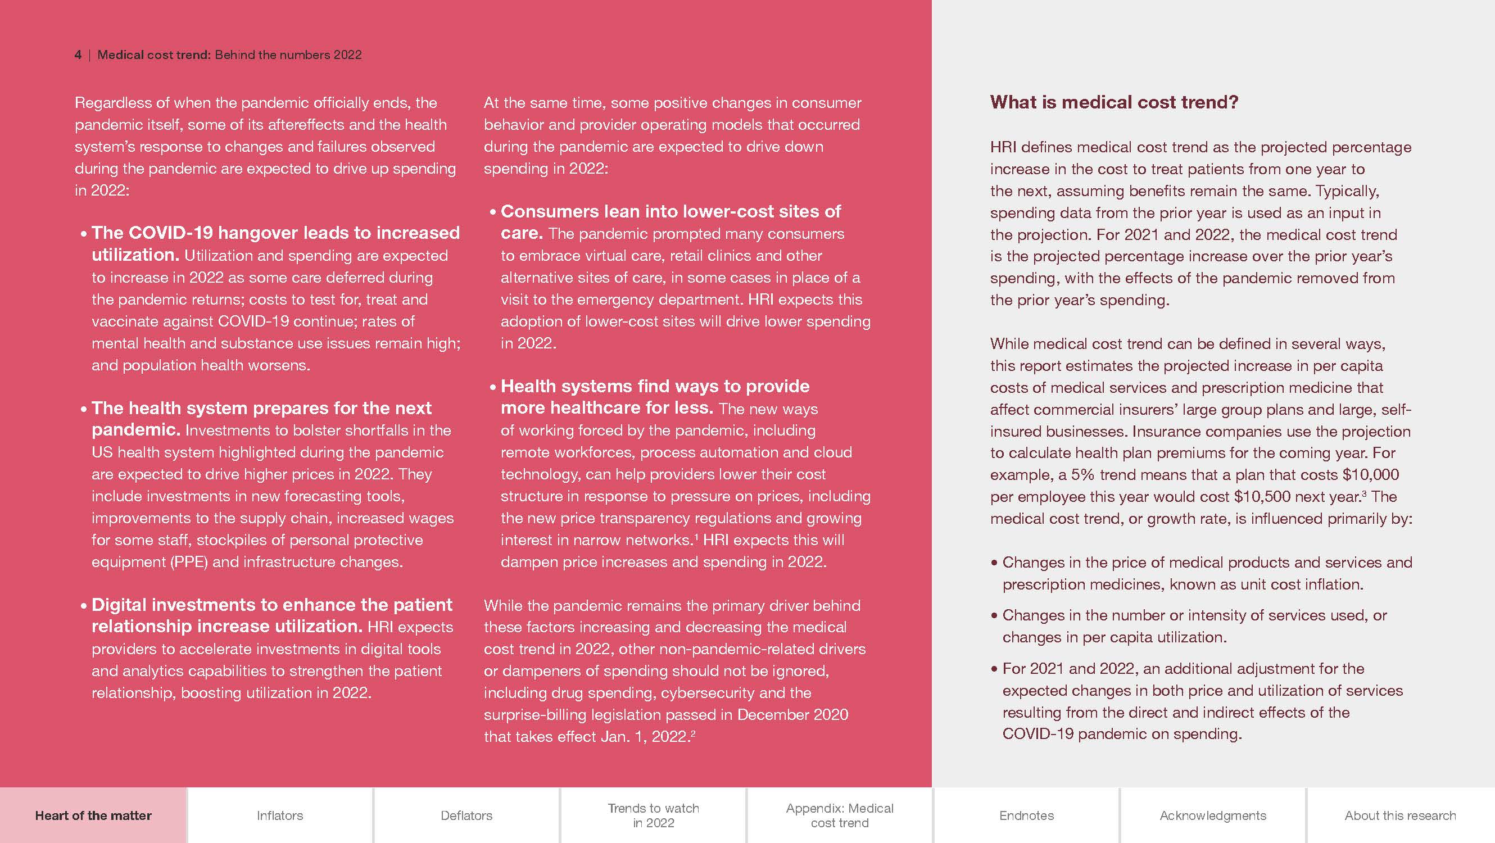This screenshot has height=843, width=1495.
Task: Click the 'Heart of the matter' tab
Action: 93,815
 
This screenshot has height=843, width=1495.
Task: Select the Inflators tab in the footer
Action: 280,815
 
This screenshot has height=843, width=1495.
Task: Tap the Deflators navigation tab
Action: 466,815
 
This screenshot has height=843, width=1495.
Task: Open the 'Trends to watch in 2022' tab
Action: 653,815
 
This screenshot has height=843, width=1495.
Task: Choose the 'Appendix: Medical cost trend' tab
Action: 839,815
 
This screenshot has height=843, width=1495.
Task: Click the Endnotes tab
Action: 1026,815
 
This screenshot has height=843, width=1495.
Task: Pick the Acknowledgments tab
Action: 1212,815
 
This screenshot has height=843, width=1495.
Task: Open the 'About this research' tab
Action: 1400,815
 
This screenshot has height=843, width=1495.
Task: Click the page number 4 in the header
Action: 78,55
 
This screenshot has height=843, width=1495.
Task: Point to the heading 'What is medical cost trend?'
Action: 1114,102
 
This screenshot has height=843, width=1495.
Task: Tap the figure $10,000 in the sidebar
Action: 1370,474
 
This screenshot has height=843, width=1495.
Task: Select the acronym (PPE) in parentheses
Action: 189,562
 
